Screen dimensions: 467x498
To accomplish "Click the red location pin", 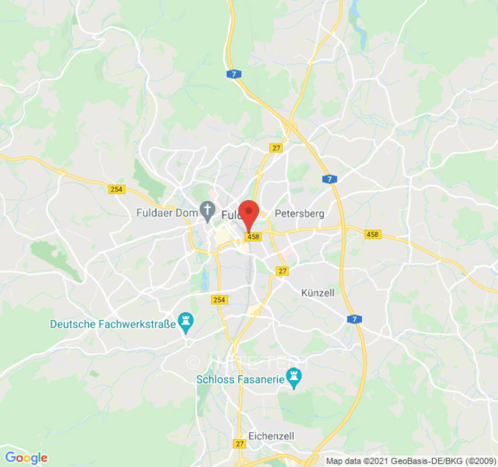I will click(x=250, y=213).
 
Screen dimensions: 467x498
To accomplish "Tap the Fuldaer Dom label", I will click(x=167, y=213).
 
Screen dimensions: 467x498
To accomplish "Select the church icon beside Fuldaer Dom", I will click(x=207, y=209).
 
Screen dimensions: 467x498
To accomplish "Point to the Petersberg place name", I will click(x=299, y=214).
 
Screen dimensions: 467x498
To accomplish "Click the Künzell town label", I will click(x=318, y=292).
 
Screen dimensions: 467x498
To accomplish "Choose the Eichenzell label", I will click(x=271, y=436).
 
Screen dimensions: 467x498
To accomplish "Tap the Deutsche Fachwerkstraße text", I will click(x=113, y=324).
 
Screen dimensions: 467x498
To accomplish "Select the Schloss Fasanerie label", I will click(x=240, y=379).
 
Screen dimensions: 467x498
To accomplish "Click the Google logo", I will click(x=26, y=458).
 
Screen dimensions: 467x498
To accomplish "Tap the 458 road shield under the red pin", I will click(x=253, y=237).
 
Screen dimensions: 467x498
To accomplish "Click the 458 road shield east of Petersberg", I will click(x=372, y=234).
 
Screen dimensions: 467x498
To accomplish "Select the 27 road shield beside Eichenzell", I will click(x=239, y=444).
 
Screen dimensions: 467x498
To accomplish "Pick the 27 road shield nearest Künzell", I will click(x=283, y=271).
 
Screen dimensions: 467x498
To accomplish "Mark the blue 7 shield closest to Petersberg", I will click(x=329, y=179).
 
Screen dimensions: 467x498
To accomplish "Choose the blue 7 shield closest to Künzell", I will click(x=354, y=319).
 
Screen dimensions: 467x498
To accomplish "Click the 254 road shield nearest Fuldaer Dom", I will click(x=116, y=189).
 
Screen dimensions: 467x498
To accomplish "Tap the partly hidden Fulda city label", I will click(x=231, y=215).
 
